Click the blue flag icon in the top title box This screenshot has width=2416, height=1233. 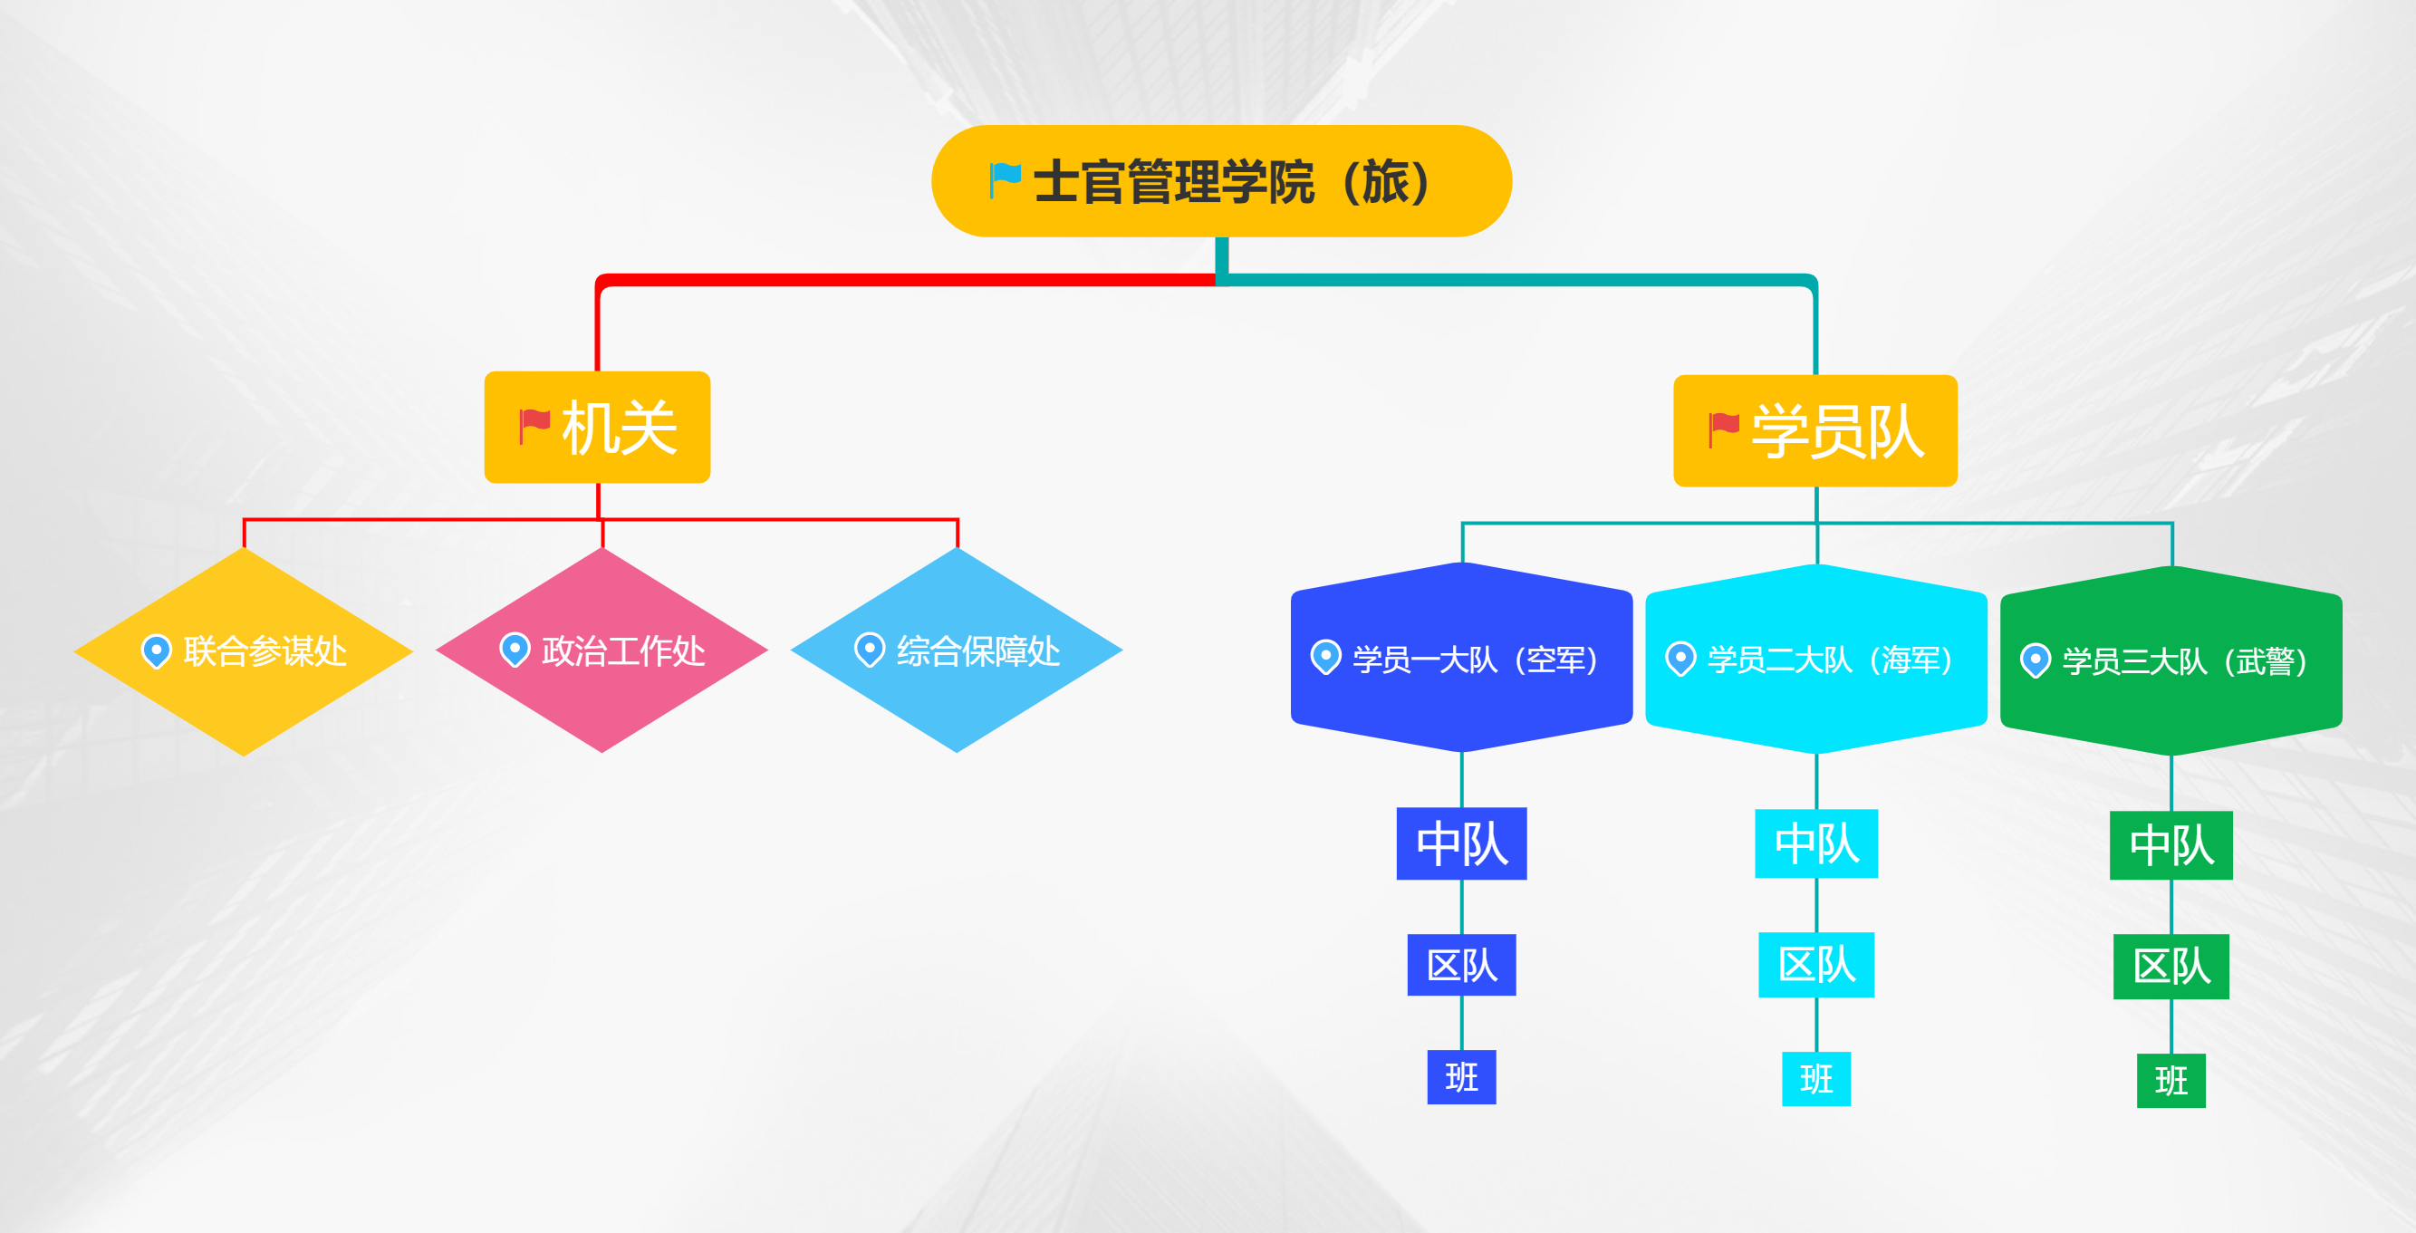click(1005, 180)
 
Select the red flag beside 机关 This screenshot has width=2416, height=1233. click(534, 426)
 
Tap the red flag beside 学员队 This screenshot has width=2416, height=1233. click(1724, 429)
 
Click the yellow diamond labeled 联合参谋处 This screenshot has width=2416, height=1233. click(244, 650)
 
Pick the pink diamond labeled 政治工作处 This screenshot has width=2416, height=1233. click(602, 650)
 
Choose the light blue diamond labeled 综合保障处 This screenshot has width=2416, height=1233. click(957, 650)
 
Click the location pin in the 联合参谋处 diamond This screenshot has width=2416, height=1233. click(157, 651)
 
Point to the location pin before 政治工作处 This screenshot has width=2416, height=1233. click(515, 650)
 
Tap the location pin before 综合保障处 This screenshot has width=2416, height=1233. click(870, 650)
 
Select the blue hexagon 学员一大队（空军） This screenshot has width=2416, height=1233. click(1461, 658)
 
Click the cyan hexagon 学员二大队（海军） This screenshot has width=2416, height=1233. click(1816, 660)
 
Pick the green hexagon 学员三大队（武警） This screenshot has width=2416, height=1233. click(2171, 661)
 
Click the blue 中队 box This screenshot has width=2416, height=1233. click(1461, 843)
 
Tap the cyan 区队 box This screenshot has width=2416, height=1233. click(1816, 965)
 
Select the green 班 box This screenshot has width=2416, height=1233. click(2171, 1081)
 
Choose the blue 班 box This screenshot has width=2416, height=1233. click(1461, 1077)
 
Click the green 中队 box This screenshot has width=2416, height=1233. click(2171, 846)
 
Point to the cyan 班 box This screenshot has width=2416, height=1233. click(1816, 1079)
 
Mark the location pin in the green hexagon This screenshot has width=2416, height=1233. click(2036, 661)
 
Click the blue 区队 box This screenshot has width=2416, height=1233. click(1461, 965)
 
